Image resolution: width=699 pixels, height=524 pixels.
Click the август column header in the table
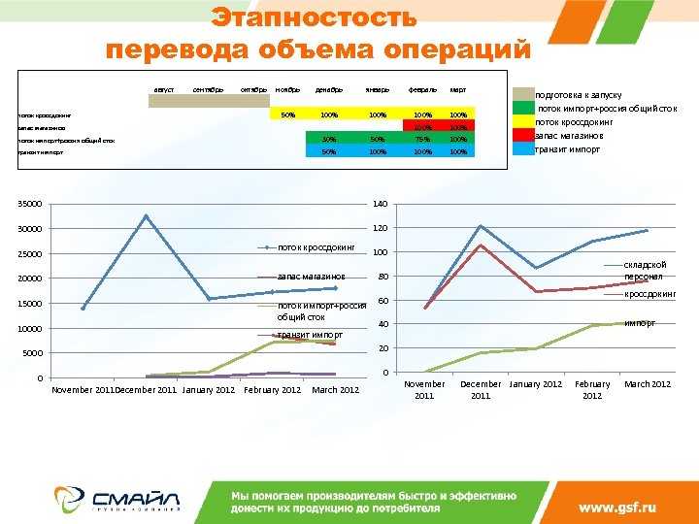point(163,90)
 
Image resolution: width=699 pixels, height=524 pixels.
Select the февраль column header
point(421,90)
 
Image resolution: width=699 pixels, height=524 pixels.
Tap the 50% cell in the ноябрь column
point(287,115)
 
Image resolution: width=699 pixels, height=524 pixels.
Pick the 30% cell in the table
point(329,139)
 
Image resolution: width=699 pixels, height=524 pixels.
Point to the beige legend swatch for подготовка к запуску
point(523,95)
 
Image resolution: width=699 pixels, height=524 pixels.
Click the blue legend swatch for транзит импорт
point(523,149)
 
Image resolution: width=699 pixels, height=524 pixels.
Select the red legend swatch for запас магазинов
point(523,136)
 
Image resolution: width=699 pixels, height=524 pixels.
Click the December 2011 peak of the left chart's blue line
point(146,215)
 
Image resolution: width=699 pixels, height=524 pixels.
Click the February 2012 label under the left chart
point(273,390)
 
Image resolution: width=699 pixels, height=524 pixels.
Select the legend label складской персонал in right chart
point(645,270)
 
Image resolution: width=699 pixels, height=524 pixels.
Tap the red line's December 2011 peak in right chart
point(481,245)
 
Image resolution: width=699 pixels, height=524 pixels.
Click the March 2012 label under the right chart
point(648,384)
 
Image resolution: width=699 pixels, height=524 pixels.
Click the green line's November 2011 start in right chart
point(425,373)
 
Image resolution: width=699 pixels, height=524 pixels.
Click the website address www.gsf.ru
point(617,507)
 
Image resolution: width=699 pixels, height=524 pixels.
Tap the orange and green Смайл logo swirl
point(72,497)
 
